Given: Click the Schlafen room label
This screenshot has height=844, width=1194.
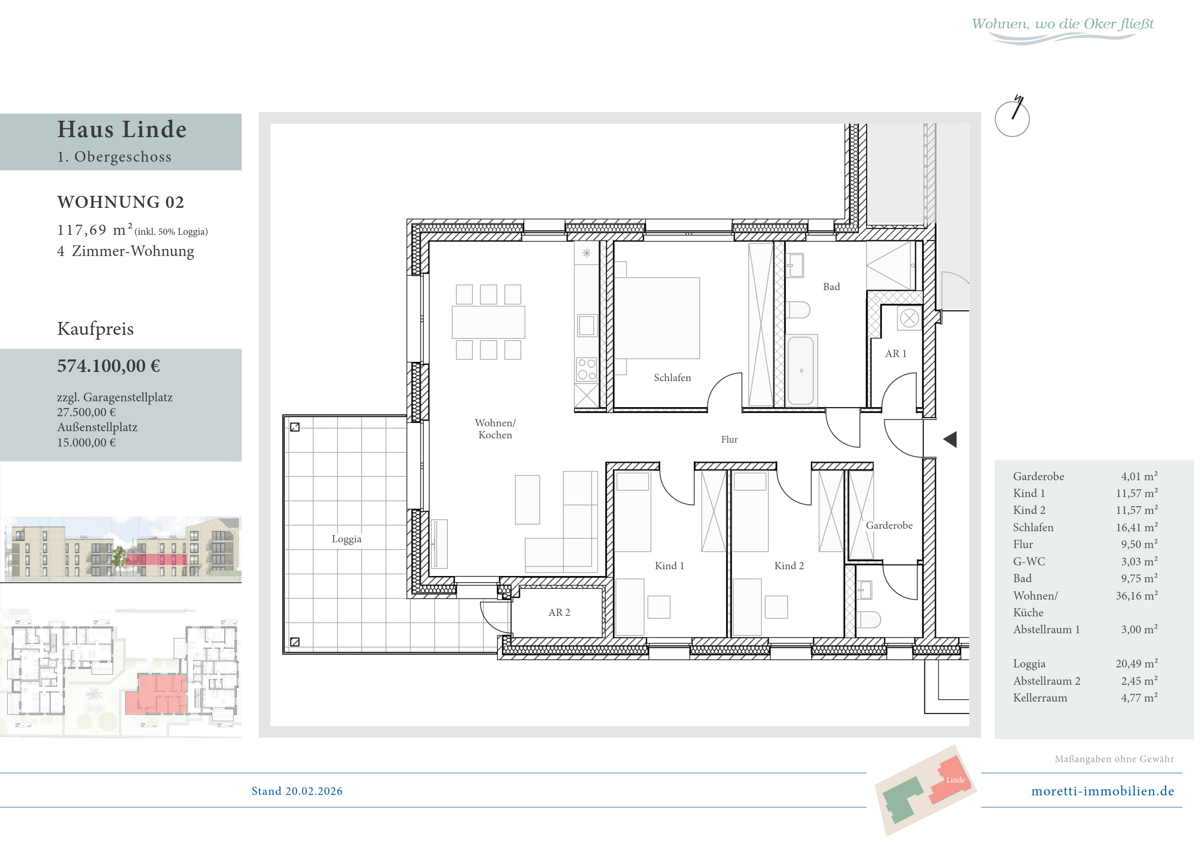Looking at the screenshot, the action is click(x=673, y=378).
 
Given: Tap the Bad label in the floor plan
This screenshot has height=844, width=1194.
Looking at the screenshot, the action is click(x=831, y=287).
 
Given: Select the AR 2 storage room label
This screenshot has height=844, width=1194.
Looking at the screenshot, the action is click(x=559, y=612).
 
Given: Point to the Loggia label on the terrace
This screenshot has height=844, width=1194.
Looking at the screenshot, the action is click(x=346, y=539).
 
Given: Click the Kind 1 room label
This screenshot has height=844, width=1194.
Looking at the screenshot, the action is click(x=669, y=565).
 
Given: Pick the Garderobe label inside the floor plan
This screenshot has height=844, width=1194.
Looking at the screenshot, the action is click(x=889, y=525).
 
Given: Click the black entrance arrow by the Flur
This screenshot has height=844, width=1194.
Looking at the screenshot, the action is click(x=949, y=440).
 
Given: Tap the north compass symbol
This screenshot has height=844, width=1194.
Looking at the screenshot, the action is click(x=1012, y=117).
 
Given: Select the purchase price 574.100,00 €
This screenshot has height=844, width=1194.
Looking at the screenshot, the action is click(x=109, y=366).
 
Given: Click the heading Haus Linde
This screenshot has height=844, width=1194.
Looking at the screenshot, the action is click(x=122, y=129).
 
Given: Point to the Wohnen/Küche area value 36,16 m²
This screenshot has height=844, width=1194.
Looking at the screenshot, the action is click(x=1137, y=596).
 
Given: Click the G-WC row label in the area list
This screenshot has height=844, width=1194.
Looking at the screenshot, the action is click(x=1029, y=561).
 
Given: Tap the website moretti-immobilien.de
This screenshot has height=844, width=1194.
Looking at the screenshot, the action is click(x=1103, y=791).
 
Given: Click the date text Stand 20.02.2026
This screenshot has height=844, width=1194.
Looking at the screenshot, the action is click(x=297, y=791).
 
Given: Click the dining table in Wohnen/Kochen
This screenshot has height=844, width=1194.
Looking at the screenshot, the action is click(x=488, y=322).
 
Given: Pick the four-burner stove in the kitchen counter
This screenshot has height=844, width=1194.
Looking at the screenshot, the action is click(x=586, y=370).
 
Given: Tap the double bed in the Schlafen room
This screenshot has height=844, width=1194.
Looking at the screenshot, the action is click(x=657, y=318).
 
